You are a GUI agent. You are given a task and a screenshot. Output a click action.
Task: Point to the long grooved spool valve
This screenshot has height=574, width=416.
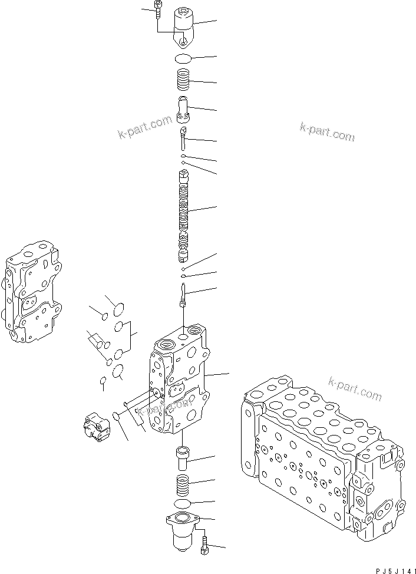[x=185, y=215]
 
